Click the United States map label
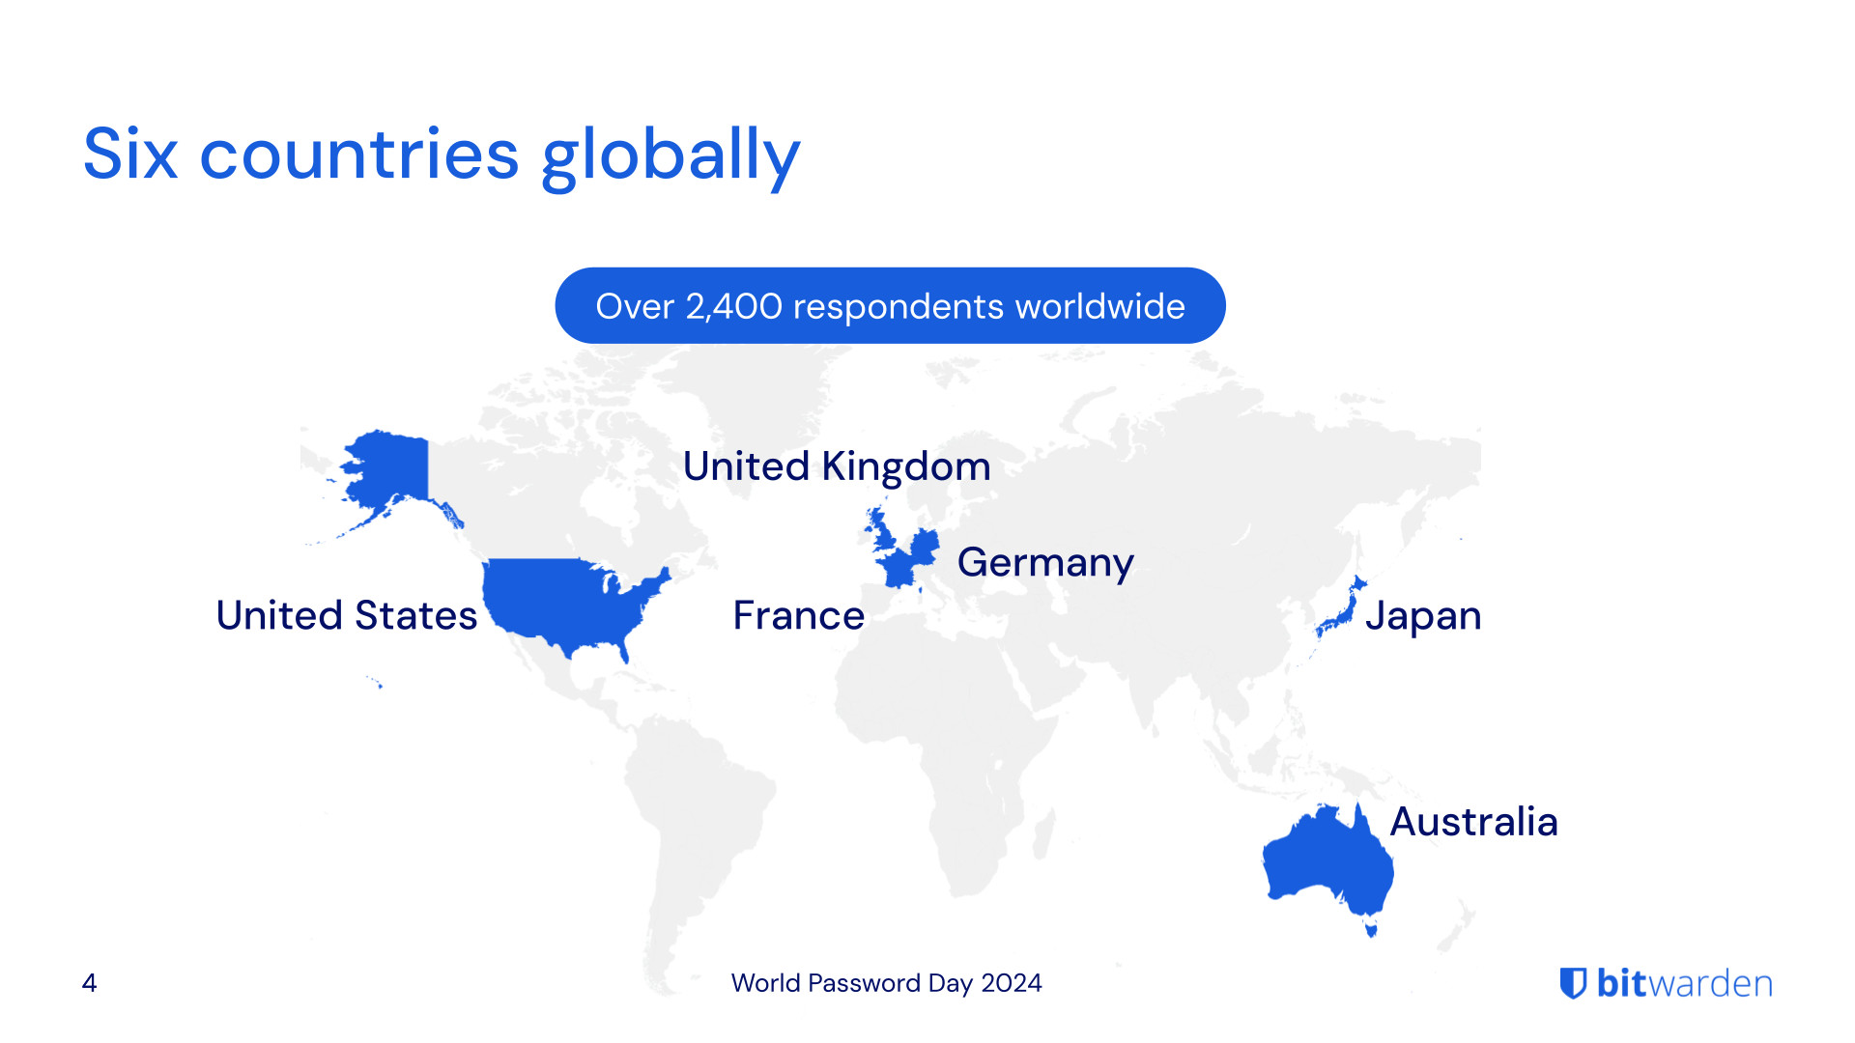click(x=346, y=616)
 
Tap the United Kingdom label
click(x=836, y=466)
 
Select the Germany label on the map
click(x=1044, y=562)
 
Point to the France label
click(x=798, y=616)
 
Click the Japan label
click(x=1422, y=616)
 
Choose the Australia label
click(x=1473, y=822)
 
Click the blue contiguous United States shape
click(x=560, y=599)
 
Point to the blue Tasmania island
click(x=1370, y=929)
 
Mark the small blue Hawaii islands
click(x=377, y=684)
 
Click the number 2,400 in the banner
click(x=733, y=306)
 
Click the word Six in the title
click(x=130, y=155)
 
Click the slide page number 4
click(x=89, y=983)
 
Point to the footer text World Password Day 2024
click(x=886, y=983)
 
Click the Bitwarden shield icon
click(x=1573, y=983)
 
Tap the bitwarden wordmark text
click(x=1684, y=983)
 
